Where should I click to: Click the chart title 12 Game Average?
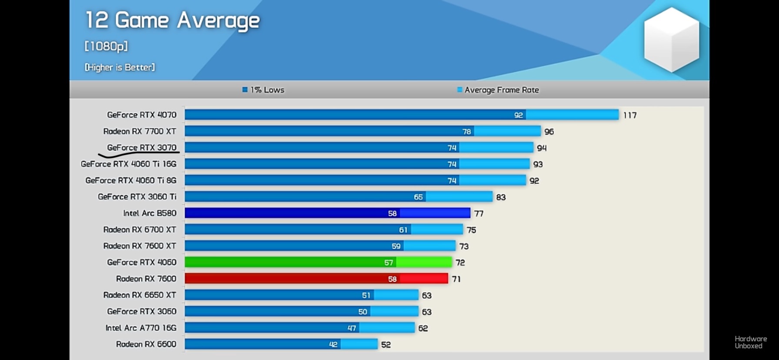(x=172, y=20)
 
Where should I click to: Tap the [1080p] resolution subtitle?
(x=106, y=46)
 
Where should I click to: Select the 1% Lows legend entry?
(x=263, y=90)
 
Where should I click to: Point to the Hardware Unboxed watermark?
(x=750, y=342)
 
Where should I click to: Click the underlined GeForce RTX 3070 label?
(x=142, y=147)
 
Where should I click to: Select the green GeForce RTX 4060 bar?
(x=318, y=262)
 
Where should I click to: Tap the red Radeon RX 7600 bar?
(x=316, y=279)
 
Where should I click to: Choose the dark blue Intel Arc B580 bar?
(x=327, y=213)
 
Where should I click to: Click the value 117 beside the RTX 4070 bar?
(x=630, y=115)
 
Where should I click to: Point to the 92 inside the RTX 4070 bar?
(x=518, y=115)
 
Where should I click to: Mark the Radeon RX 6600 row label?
(x=146, y=344)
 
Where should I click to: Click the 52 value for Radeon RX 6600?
(x=386, y=345)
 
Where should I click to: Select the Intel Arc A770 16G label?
(x=141, y=328)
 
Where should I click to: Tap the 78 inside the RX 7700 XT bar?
(x=466, y=132)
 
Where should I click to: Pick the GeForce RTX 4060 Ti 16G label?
(x=129, y=164)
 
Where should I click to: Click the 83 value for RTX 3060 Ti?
(x=501, y=197)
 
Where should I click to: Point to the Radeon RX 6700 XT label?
(x=140, y=230)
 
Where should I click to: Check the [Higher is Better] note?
(x=120, y=67)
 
